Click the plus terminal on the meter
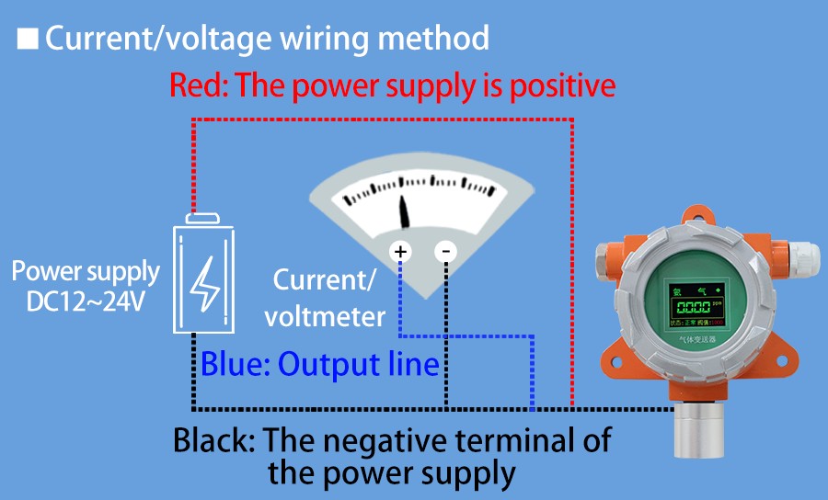click(x=401, y=251)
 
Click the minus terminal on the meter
click(x=445, y=251)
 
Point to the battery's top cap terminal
click(x=202, y=219)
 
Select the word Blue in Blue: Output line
click(x=230, y=364)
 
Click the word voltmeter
click(x=325, y=316)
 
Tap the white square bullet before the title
click(x=28, y=39)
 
